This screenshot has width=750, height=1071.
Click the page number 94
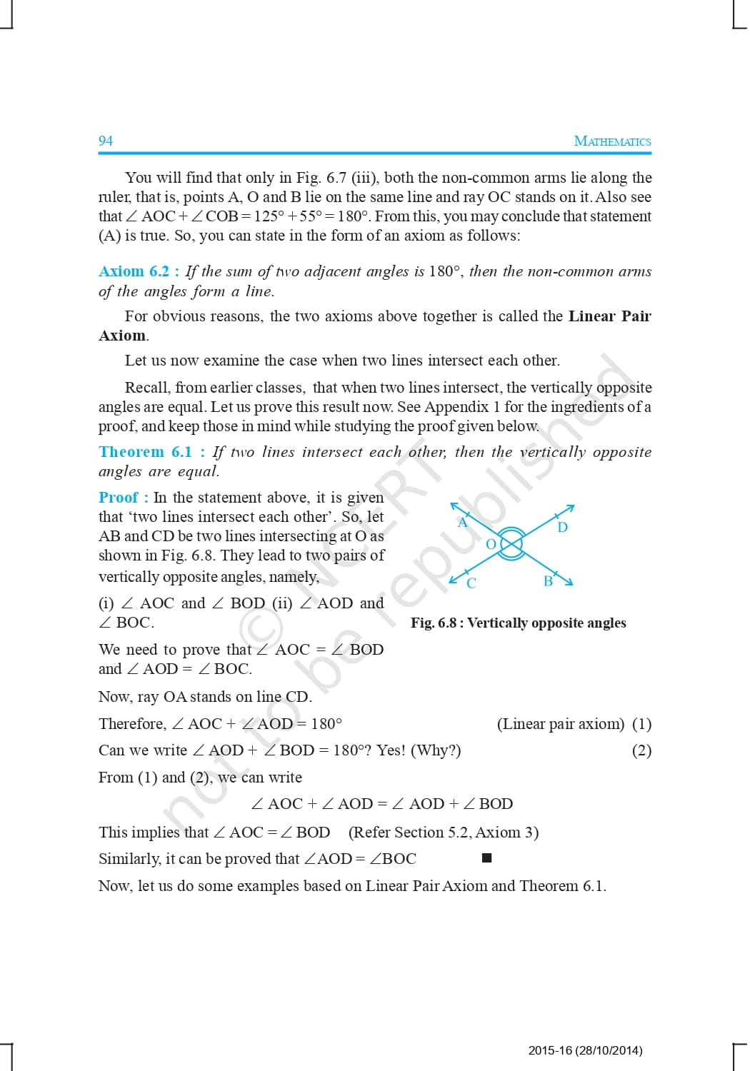point(106,141)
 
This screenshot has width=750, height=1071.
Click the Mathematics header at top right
point(612,141)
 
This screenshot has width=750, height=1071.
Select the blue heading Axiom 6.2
point(134,271)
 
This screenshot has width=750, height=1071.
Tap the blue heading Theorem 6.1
point(146,452)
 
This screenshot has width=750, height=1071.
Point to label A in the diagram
point(462,523)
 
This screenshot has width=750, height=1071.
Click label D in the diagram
point(563,528)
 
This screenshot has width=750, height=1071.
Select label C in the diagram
point(471,583)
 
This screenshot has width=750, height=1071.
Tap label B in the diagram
point(548,581)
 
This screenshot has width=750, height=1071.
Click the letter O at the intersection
point(491,544)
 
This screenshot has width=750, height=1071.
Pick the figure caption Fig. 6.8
point(518,623)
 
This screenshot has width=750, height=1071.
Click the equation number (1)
point(641,724)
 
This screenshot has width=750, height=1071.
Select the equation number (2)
point(641,750)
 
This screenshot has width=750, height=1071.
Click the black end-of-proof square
point(486,858)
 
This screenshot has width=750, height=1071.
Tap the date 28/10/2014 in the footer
point(608,1050)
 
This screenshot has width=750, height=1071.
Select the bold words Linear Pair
point(609,316)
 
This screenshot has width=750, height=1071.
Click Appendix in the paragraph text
point(456,407)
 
